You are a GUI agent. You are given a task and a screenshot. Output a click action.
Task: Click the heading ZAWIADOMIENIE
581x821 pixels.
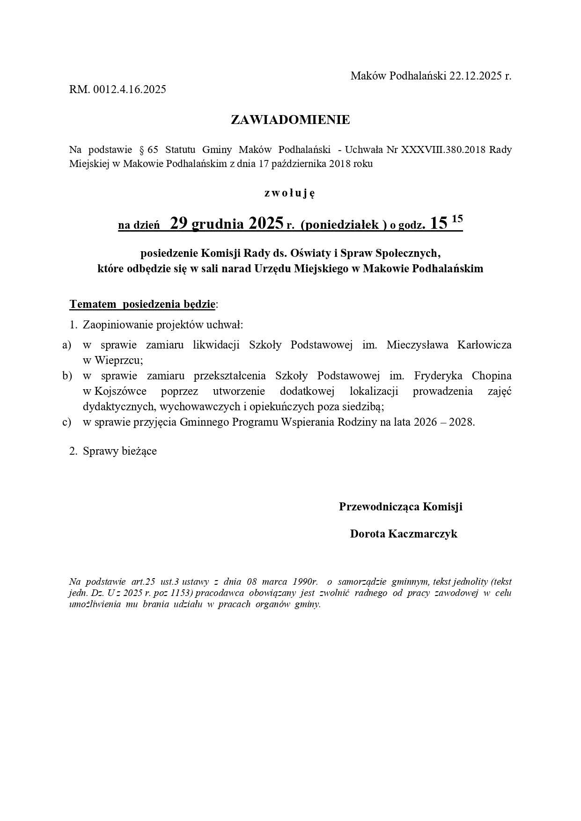290,120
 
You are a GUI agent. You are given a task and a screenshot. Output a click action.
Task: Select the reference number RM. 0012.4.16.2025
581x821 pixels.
118,89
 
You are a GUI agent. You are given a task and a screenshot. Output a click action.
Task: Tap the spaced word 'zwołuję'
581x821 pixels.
290,193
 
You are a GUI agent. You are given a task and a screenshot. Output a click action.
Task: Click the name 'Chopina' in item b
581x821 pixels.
492,376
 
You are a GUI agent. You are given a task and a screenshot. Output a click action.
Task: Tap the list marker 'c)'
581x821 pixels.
66,422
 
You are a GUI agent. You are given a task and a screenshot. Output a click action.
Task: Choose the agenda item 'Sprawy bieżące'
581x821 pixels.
119,451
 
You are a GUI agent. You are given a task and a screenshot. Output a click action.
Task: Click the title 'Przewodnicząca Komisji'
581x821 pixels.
400,507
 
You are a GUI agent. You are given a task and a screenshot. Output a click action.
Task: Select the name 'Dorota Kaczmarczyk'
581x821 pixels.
404,534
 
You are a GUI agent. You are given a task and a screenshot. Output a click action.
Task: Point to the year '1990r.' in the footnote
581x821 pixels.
305,582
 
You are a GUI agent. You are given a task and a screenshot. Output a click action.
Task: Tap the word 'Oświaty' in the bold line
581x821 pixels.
308,253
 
